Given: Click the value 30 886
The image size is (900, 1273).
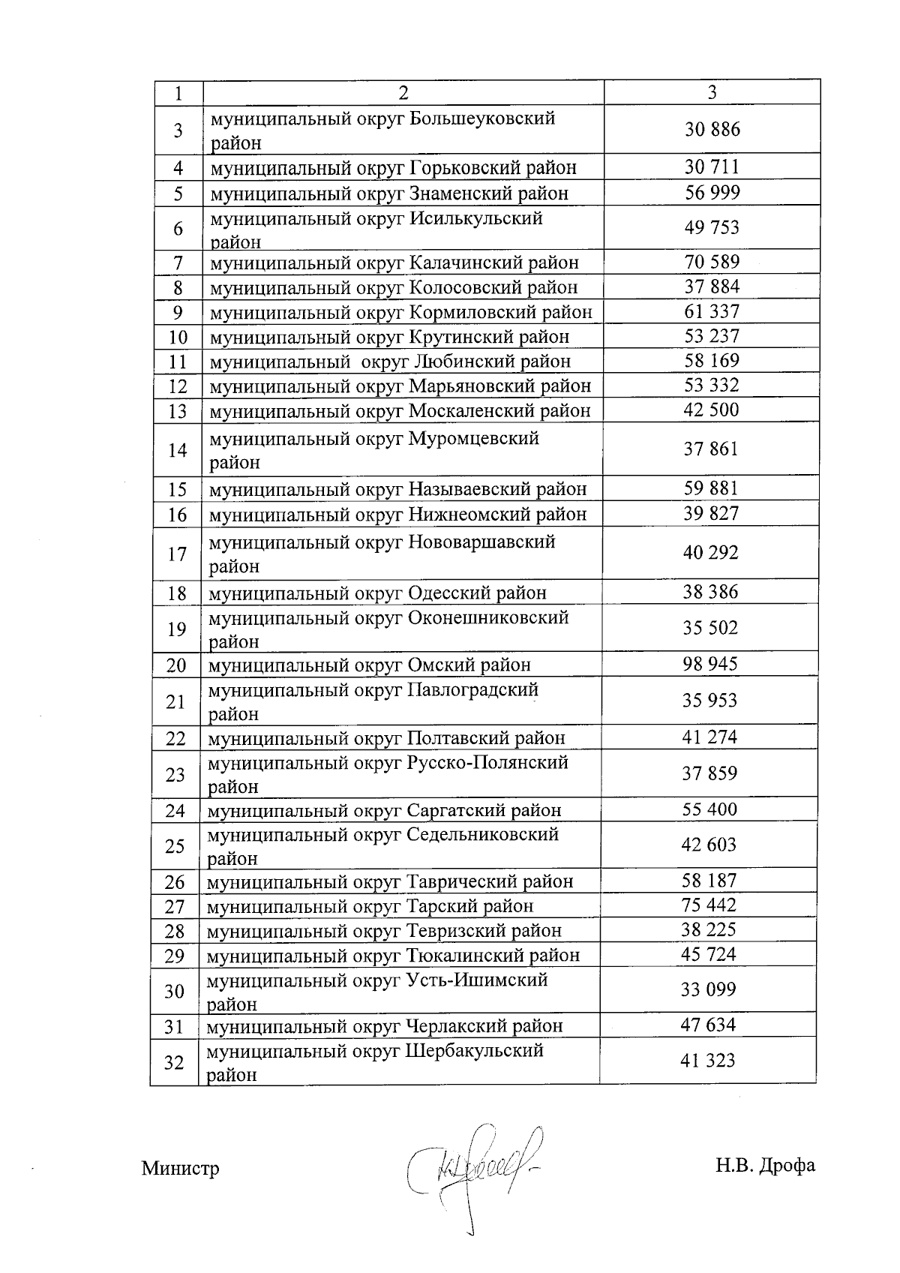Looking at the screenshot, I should (712, 130).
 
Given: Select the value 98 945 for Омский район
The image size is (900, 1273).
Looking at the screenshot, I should (709, 664).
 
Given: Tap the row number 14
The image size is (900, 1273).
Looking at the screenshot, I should (178, 450).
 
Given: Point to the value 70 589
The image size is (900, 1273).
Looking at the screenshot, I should (712, 262).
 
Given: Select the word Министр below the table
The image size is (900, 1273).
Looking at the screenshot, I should (180, 1169).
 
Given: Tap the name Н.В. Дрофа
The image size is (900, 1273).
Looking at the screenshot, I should (765, 1166).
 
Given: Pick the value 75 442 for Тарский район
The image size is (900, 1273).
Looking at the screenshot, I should (709, 905).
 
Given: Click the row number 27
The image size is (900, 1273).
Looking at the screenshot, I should (175, 907).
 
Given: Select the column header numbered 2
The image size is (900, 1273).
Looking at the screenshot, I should (403, 92).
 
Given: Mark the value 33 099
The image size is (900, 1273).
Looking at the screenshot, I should (708, 989).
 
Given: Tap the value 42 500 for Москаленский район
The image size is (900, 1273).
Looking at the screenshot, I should (711, 410).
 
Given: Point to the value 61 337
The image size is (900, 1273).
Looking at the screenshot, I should (712, 311).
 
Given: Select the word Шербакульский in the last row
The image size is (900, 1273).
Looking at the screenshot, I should (474, 1051).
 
